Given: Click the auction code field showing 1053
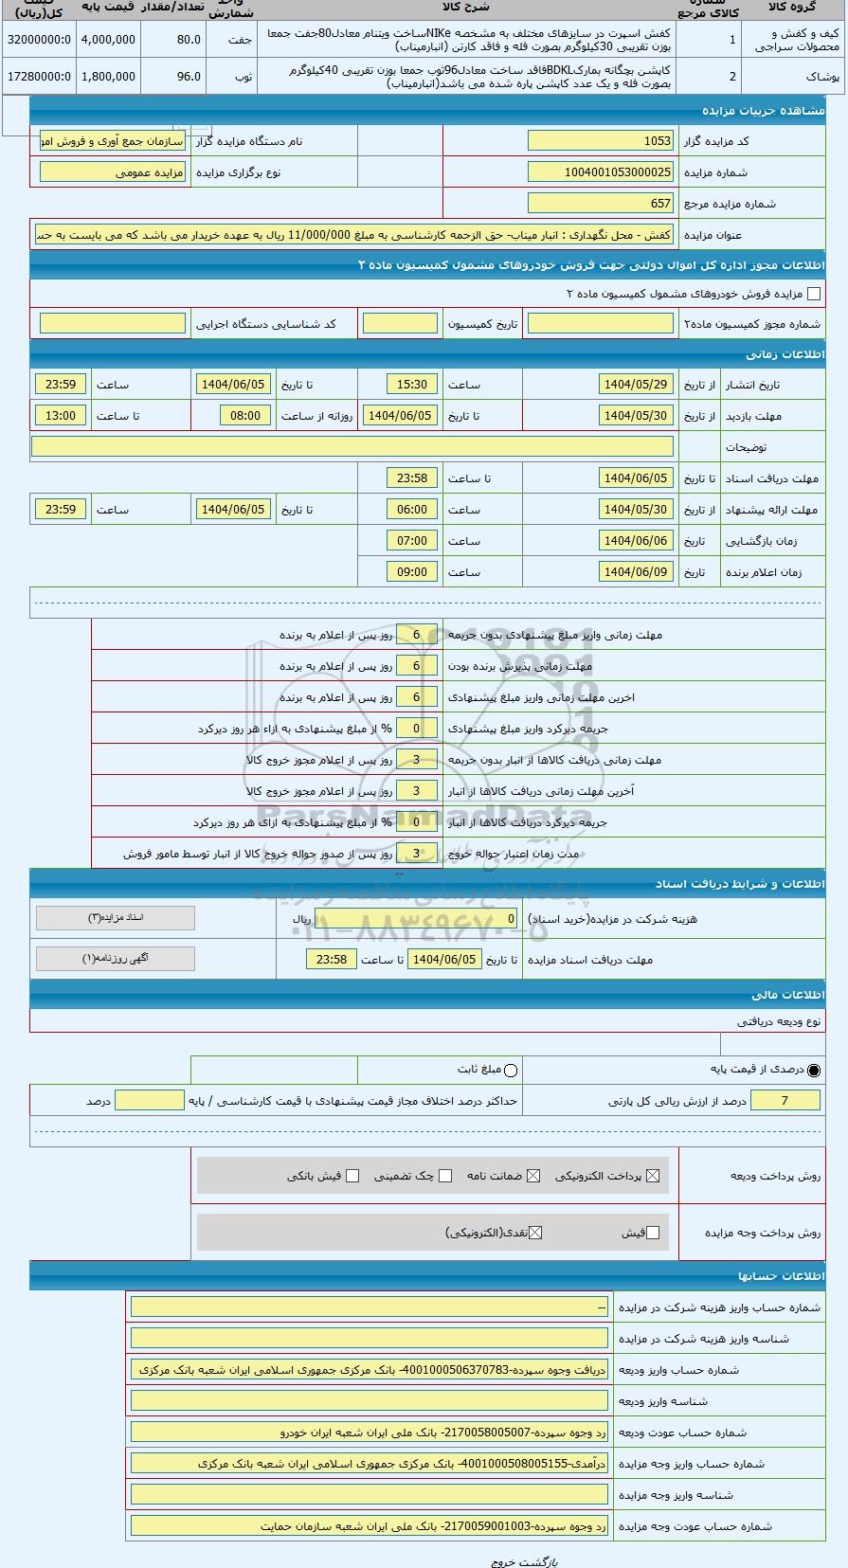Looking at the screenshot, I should tap(601, 141).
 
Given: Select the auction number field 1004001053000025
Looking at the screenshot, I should tap(601, 172).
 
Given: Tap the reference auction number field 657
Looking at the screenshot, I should tap(601, 203).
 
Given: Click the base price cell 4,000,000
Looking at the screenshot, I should tap(108, 40).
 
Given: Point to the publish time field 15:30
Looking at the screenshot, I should tap(412, 385).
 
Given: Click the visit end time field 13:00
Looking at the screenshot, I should tap(61, 416).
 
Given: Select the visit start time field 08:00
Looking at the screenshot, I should tap(245, 416).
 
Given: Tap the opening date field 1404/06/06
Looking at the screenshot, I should tap(636, 541).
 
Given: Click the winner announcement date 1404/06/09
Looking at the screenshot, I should tap(636, 572).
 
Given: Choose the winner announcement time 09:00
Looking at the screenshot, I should tap(412, 572).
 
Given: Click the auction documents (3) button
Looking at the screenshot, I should tap(116, 918).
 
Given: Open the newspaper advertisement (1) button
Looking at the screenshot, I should tap(116, 959).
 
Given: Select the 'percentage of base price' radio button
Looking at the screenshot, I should tap(814, 1070).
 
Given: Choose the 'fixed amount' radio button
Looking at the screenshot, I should tap(512, 1071).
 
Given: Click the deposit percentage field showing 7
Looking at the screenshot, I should tap(785, 1100).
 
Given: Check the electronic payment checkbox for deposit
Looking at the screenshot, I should tap(652, 1176).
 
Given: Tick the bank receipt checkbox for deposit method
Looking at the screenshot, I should tap(352, 1176).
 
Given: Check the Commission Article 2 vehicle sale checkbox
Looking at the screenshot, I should tap(814, 294).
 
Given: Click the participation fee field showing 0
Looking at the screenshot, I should tap(417, 919).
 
